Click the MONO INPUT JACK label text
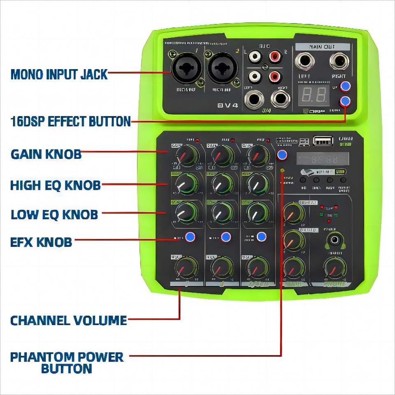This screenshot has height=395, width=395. point(59,74)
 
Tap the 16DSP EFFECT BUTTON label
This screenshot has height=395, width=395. point(70,121)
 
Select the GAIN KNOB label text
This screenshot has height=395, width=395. point(46,154)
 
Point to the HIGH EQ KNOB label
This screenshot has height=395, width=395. point(55,185)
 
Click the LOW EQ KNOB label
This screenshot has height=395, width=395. point(54,214)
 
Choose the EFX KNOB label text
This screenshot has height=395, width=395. point(41,242)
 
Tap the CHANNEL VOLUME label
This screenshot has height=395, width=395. point(68,320)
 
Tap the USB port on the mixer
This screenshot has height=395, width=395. point(323,141)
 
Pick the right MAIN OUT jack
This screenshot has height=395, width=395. point(338,62)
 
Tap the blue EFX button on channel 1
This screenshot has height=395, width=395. point(190,237)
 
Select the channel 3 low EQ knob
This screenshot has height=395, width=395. point(258,213)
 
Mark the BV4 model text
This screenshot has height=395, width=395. point(228,105)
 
